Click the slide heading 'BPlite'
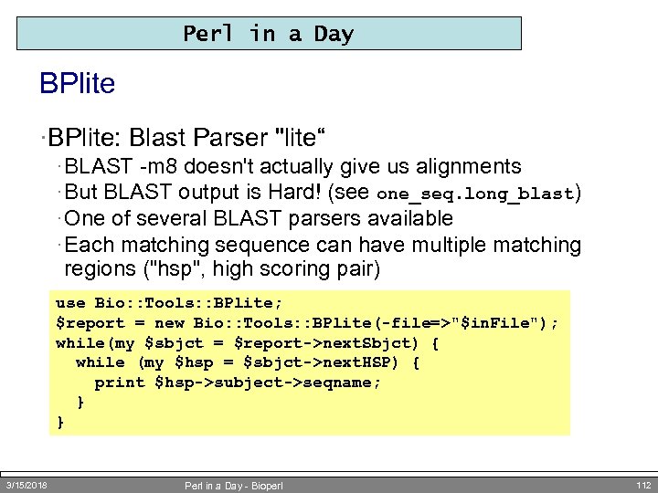[78, 85]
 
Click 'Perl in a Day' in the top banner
[268, 35]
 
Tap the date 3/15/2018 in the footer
[27, 485]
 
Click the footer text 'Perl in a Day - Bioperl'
[234, 486]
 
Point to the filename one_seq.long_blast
[474, 194]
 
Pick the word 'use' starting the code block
[69, 303]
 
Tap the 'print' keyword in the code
[120, 383]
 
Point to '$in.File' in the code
[498, 323]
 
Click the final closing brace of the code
[60, 422]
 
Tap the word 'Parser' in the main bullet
[229, 138]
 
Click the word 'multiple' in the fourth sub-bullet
[441, 245]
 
